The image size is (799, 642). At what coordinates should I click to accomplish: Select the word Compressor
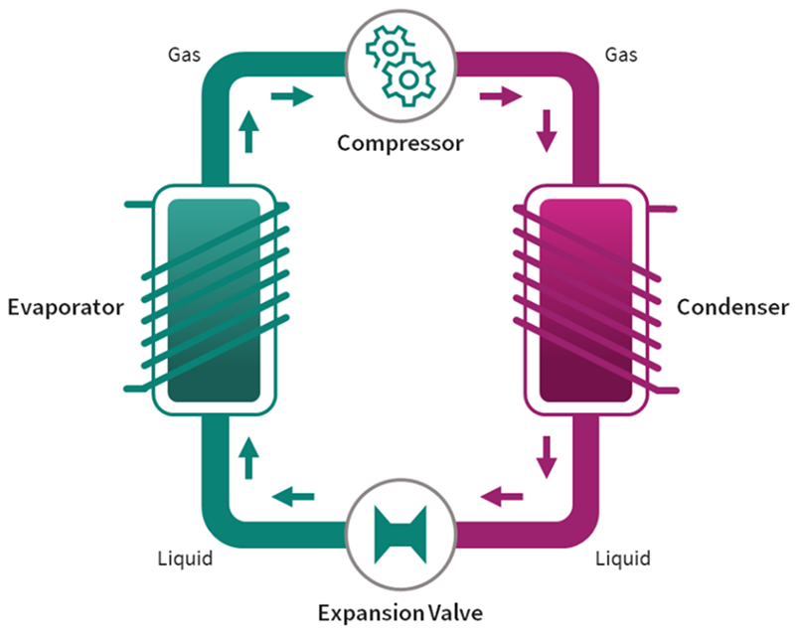coord(399,143)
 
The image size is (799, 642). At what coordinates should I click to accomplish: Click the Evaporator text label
coord(66,306)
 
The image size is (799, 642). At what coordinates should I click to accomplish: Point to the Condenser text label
coord(732,306)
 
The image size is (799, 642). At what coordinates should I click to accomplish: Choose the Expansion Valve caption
coord(400,612)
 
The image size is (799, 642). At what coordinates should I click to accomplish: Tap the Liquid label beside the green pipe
coord(186,558)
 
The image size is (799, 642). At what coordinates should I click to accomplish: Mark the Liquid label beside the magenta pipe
coord(623,558)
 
